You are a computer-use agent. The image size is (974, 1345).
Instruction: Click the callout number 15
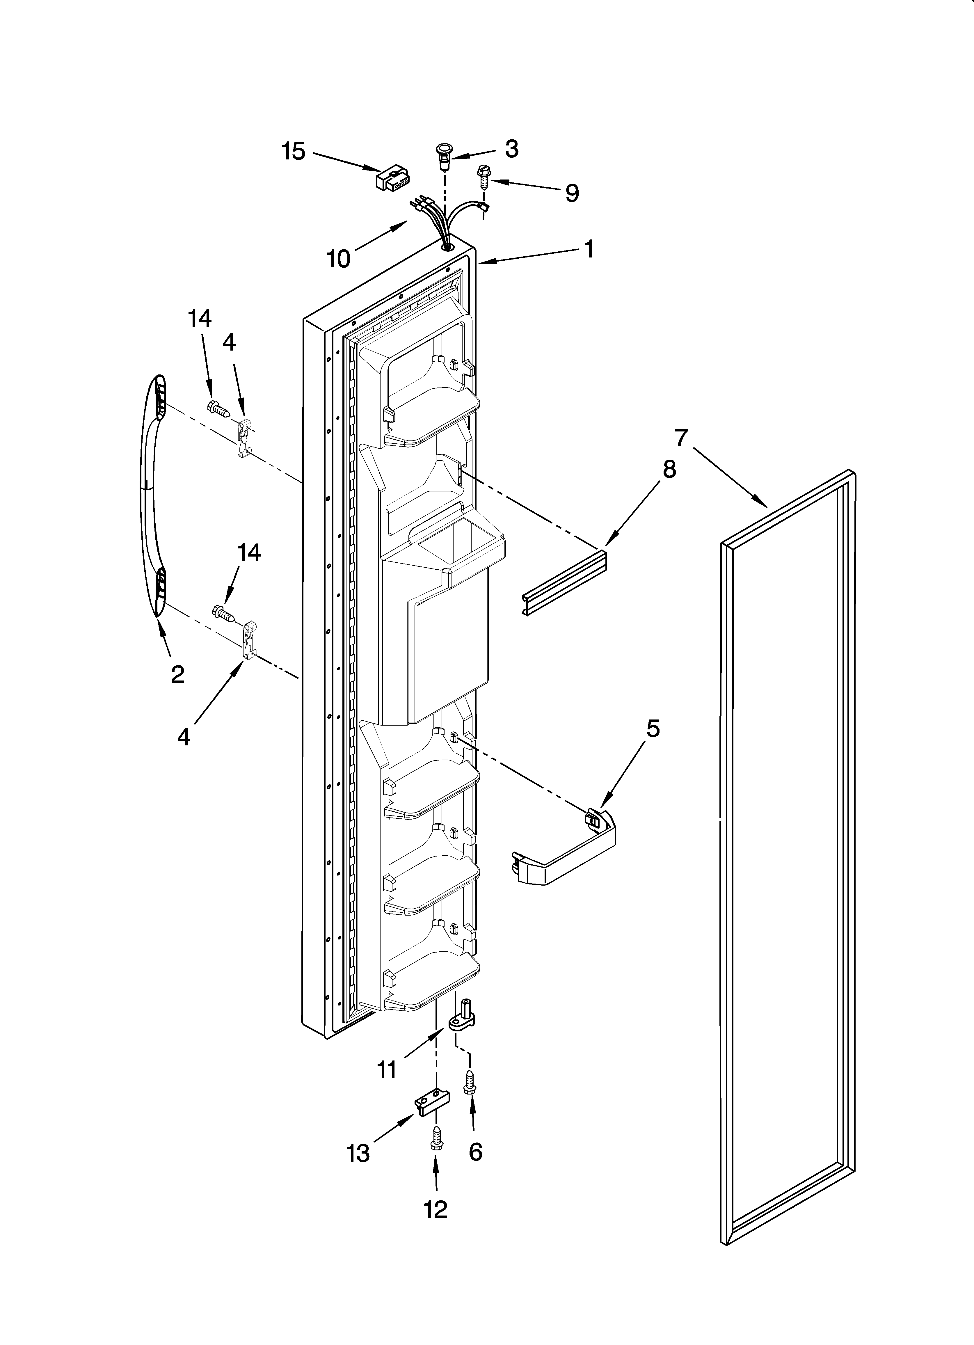[x=293, y=152]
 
